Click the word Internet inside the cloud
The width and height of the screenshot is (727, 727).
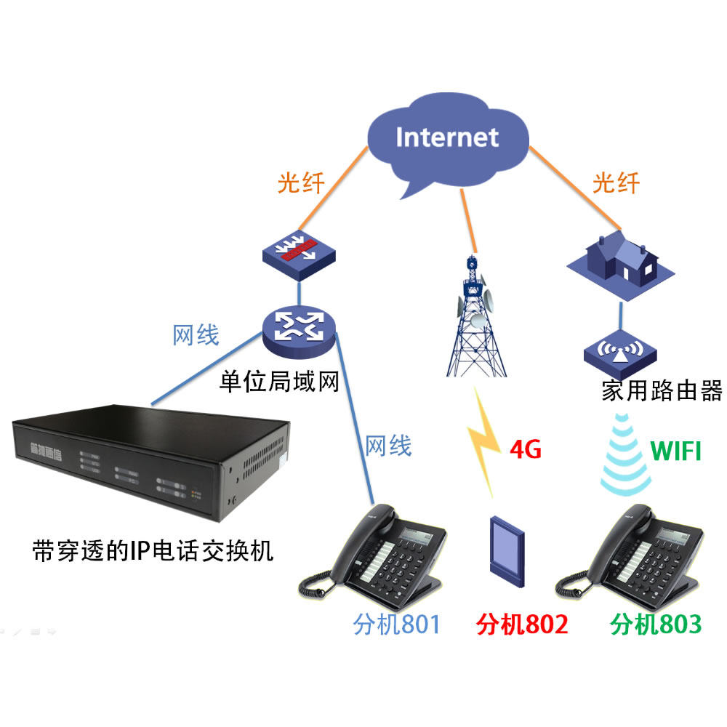pyautogui.click(x=447, y=137)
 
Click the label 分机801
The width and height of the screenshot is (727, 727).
pyautogui.click(x=397, y=623)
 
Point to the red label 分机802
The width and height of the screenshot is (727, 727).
pyautogui.click(x=521, y=623)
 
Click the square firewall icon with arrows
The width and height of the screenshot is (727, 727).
pyautogui.click(x=299, y=252)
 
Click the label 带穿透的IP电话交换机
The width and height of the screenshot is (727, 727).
pyautogui.click(x=153, y=550)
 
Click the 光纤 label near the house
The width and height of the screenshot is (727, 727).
pyautogui.click(x=616, y=183)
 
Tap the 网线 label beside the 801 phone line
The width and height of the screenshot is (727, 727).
pyautogui.click(x=388, y=444)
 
